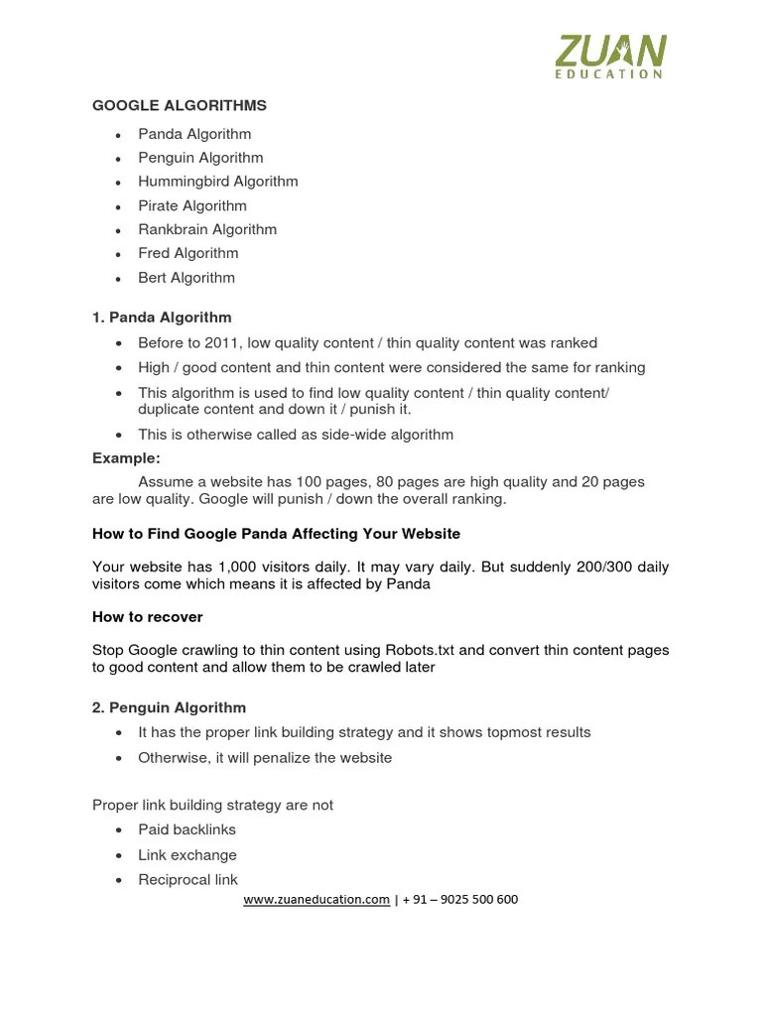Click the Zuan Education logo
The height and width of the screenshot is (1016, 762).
click(610, 56)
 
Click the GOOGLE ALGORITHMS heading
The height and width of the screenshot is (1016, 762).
click(180, 105)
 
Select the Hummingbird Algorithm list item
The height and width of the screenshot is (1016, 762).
click(217, 182)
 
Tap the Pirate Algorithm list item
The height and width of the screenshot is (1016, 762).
click(192, 205)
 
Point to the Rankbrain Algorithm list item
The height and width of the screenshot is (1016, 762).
click(207, 229)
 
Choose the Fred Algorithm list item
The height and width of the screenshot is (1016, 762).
click(188, 253)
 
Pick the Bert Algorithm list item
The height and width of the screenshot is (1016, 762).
click(187, 278)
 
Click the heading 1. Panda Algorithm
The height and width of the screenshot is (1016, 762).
click(162, 317)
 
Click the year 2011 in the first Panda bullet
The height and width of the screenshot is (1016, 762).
click(225, 343)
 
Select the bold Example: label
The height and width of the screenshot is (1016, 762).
click(126, 458)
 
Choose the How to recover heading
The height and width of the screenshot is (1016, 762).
click(147, 617)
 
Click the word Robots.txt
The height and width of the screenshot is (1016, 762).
click(419, 650)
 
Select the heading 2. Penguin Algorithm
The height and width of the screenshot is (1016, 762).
click(169, 707)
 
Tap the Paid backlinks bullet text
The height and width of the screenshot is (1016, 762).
click(187, 829)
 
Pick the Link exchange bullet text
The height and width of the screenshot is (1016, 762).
click(188, 855)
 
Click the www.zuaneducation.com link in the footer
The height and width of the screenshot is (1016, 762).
click(317, 900)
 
